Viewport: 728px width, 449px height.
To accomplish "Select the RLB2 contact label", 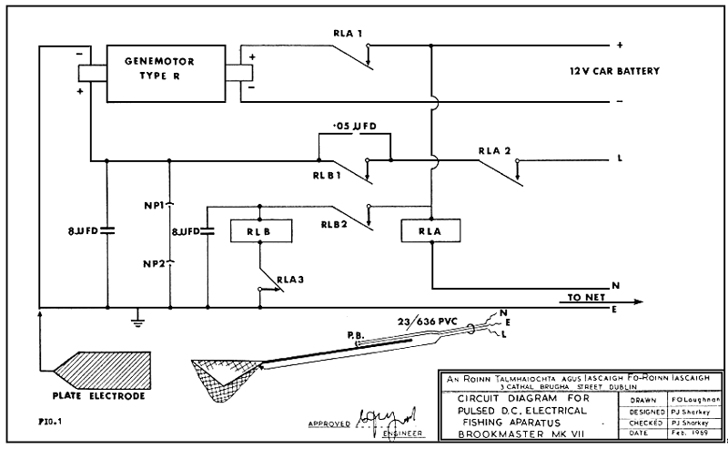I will (x=339, y=222).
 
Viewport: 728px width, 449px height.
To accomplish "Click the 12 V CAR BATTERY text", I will (x=614, y=71).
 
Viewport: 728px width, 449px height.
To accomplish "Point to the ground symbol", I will (x=136, y=318).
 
